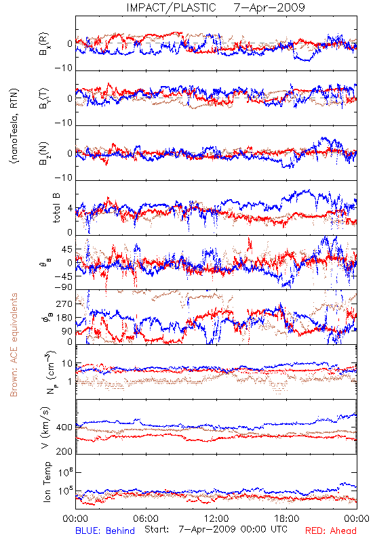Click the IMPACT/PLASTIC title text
171,7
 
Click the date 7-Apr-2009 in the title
269,7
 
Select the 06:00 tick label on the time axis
146,518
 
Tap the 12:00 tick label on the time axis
216,518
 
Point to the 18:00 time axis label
287,518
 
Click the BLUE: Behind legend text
105,530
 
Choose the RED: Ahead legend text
330,530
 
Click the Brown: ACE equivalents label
14,345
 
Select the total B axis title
56,208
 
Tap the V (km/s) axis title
45,428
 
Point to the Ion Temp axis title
47,481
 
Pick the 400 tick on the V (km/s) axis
64,428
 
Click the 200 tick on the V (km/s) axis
64,451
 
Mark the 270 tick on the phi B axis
64,304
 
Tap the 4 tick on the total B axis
71,209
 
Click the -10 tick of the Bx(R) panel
63,68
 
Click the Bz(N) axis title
44,153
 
